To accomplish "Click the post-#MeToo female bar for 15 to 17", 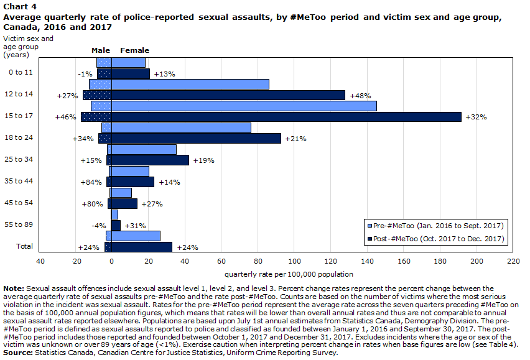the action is pyautogui.click(x=286, y=117).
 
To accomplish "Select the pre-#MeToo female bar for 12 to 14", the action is pyautogui.click(x=190, y=84).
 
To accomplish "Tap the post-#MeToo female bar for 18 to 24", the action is pyautogui.click(x=196, y=139).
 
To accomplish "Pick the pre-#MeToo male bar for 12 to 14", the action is pyautogui.click(x=100, y=84).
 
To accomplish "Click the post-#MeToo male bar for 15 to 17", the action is pyautogui.click(x=96, y=117).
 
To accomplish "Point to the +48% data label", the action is pyautogui.click(x=360, y=96).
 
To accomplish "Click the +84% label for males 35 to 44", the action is pyautogui.click(x=91, y=182).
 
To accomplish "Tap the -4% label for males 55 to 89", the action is pyautogui.click(x=99, y=226).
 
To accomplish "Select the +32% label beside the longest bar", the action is pyautogui.click(x=476, y=117).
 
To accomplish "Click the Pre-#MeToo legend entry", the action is pyautogui.click(x=435, y=226).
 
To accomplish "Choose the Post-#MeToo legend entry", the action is pyautogui.click(x=435, y=239).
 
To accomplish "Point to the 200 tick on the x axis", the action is pyautogui.click(x=477, y=261).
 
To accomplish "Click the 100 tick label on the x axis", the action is pyautogui.click(x=294, y=261).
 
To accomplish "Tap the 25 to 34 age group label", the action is pyautogui.click(x=19, y=159).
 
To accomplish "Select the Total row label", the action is pyautogui.click(x=24, y=246).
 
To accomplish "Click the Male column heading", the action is pyautogui.click(x=101, y=50).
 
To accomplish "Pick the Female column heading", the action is pyautogui.click(x=134, y=50).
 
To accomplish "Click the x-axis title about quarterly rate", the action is pyautogui.click(x=289, y=274).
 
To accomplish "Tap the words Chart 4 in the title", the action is pyautogui.click(x=20, y=7).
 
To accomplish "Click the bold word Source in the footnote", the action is pyautogui.click(x=18, y=353).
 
